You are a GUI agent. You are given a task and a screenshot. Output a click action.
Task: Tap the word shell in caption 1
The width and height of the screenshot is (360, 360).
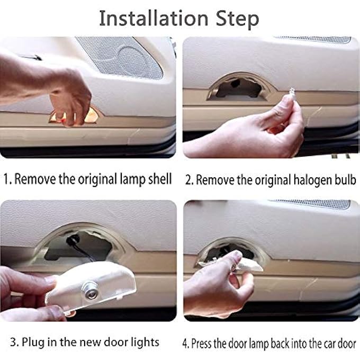tap(158, 179)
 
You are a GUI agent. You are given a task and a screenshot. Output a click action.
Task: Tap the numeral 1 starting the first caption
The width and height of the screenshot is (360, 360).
tap(6, 179)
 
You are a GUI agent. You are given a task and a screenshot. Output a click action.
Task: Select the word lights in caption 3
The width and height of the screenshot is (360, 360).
tap(144, 342)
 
